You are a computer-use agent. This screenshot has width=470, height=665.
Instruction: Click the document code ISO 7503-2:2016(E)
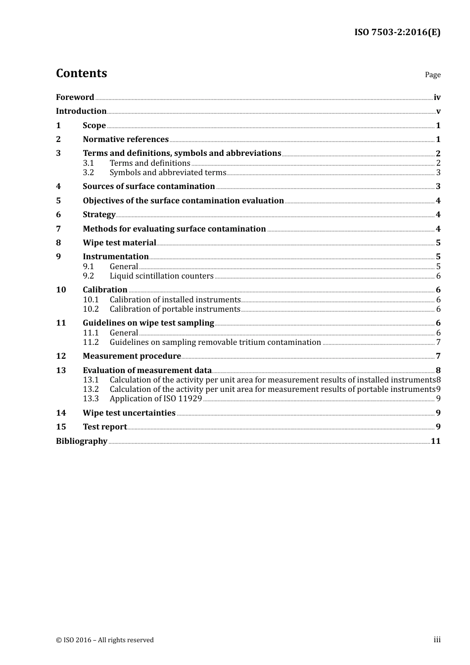pyautogui.click(x=397, y=33)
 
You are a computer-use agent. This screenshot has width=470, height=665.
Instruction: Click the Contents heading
pyautogui.click(x=82, y=73)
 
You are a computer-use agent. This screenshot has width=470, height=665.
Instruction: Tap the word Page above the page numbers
pyautogui.click(x=432, y=75)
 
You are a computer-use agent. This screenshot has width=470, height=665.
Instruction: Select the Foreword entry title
pyautogui.click(x=75, y=97)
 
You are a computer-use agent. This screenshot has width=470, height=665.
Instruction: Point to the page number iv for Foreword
pyautogui.click(x=437, y=97)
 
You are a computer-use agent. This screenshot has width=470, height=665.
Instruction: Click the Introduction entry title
pyautogui.click(x=81, y=111)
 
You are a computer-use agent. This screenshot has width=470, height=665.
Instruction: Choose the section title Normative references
pyautogui.click(x=126, y=140)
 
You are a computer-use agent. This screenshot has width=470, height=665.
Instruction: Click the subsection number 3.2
pyautogui.click(x=89, y=173)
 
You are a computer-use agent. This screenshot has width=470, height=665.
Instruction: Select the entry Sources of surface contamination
pyautogui.click(x=149, y=187)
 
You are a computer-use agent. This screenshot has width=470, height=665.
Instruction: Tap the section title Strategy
pyautogui.click(x=99, y=215)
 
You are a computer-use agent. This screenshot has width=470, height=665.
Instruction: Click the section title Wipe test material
pyautogui.click(x=119, y=243)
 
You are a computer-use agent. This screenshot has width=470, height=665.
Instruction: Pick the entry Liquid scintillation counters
pyautogui.click(x=162, y=276)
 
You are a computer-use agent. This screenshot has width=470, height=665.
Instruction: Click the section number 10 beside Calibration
pyautogui.click(x=61, y=290)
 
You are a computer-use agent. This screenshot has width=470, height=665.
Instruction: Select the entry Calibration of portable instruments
pyautogui.click(x=175, y=309)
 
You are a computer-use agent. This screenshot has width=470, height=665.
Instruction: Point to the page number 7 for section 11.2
pyautogui.click(x=438, y=342)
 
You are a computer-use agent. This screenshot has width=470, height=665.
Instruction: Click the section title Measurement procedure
pyautogui.click(x=132, y=356)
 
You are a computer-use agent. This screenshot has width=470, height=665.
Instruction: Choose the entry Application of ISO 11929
pyautogui.click(x=156, y=399)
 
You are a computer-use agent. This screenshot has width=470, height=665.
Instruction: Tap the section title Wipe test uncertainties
pyautogui.click(x=129, y=413)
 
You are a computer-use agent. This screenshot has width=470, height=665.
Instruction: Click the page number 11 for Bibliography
pyautogui.click(x=435, y=441)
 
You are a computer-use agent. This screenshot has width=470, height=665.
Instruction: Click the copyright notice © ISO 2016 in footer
pyautogui.click(x=105, y=640)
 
